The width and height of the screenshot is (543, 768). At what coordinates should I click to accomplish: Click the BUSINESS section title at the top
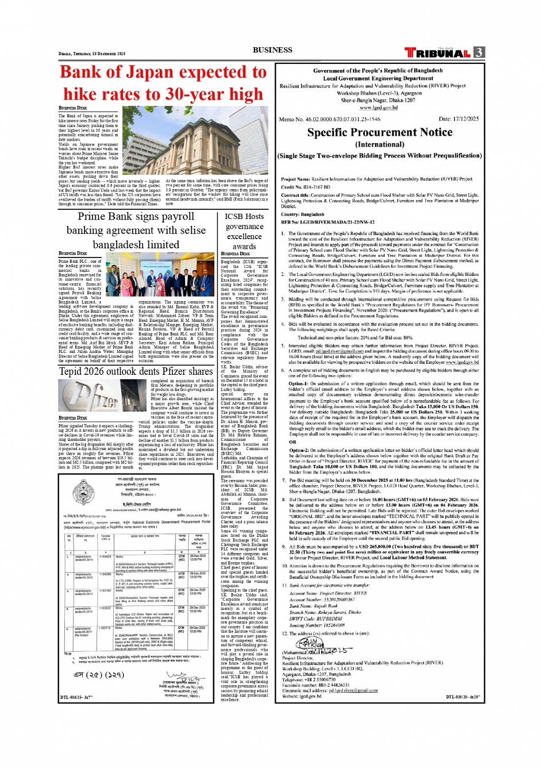point(272,50)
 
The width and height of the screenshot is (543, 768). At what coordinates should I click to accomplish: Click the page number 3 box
point(479,52)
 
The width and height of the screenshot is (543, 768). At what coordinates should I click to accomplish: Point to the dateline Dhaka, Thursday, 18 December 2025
point(92,53)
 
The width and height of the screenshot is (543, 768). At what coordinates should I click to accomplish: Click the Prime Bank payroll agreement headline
point(136,230)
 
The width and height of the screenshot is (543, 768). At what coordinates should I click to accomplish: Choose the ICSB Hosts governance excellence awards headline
point(244,231)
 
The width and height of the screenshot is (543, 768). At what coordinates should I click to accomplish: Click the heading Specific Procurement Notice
point(379,132)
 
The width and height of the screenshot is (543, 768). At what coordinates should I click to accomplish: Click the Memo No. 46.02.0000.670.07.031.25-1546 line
point(329,119)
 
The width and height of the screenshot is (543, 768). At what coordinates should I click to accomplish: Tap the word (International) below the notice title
point(379,144)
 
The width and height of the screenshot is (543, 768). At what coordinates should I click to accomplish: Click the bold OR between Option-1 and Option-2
point(292,442)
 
